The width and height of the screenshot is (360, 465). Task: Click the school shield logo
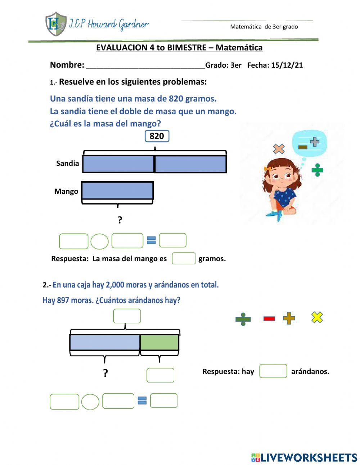click(x=56, y=24)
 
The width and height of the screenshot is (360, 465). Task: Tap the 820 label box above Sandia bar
click(x=157, y=136)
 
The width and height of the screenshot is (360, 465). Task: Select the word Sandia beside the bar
click(x=67, y=164)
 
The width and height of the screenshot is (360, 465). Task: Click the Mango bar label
click(x=66, y=191)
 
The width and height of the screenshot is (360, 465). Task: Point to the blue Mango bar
click(x=117, y=191)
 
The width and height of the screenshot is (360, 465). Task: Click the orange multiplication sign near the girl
click(x=279, y=149)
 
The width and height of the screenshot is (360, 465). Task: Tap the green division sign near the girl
click(x=317, y=170)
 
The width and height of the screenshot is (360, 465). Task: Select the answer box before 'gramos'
click(x=184, y=259)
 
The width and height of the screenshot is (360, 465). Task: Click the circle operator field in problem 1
click(x=99, y=241)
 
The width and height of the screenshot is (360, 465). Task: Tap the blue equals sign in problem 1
click(x=151, y=240)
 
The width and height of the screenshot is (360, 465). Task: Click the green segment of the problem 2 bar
click(x=159, y=342)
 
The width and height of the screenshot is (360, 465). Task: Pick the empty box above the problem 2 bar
click(x=127, y=316)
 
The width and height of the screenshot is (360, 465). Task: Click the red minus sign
click(x=269, y=318)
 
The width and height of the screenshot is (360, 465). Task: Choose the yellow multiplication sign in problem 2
click(x=317, y=317)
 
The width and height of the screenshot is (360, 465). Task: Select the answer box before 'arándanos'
click(x=273, y=371)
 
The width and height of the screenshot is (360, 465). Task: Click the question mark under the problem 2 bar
click(x=105, y=373)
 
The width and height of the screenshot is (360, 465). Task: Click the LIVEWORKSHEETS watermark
click(x=304, y=457)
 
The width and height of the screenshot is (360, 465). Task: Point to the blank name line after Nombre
click(x=145, y=66)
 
